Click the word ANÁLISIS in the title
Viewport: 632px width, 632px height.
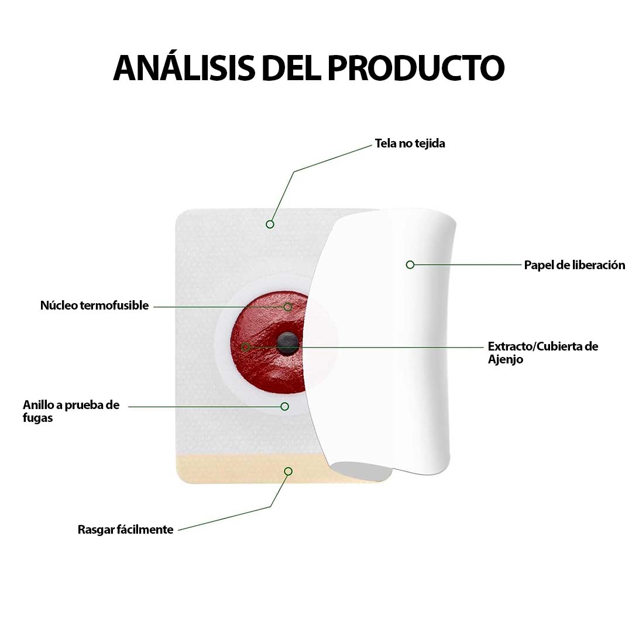(184, 67)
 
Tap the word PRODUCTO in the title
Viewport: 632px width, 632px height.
(416, 67)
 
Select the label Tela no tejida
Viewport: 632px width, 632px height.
(410, 143)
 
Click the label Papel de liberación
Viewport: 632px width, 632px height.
(575, 265)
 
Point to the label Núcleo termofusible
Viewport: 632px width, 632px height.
(94, 305)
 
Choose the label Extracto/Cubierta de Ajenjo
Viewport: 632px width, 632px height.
(543, 353)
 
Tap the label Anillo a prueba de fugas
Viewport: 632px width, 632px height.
(71, 411)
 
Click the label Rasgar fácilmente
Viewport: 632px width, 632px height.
(125, 530)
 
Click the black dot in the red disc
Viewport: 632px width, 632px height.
(287, 342)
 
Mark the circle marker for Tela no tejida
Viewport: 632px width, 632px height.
(270, 224)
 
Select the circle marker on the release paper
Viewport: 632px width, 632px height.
(410, 265)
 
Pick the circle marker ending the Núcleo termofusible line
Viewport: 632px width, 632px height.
(287, 307)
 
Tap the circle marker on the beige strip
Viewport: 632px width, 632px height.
(288, 471)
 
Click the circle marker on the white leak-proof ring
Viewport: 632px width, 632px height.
(284, 406)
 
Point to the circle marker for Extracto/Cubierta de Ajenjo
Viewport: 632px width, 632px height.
(245, 347)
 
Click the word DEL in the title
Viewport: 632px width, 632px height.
(291, 67)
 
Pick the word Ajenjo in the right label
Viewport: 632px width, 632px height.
(506, 359)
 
